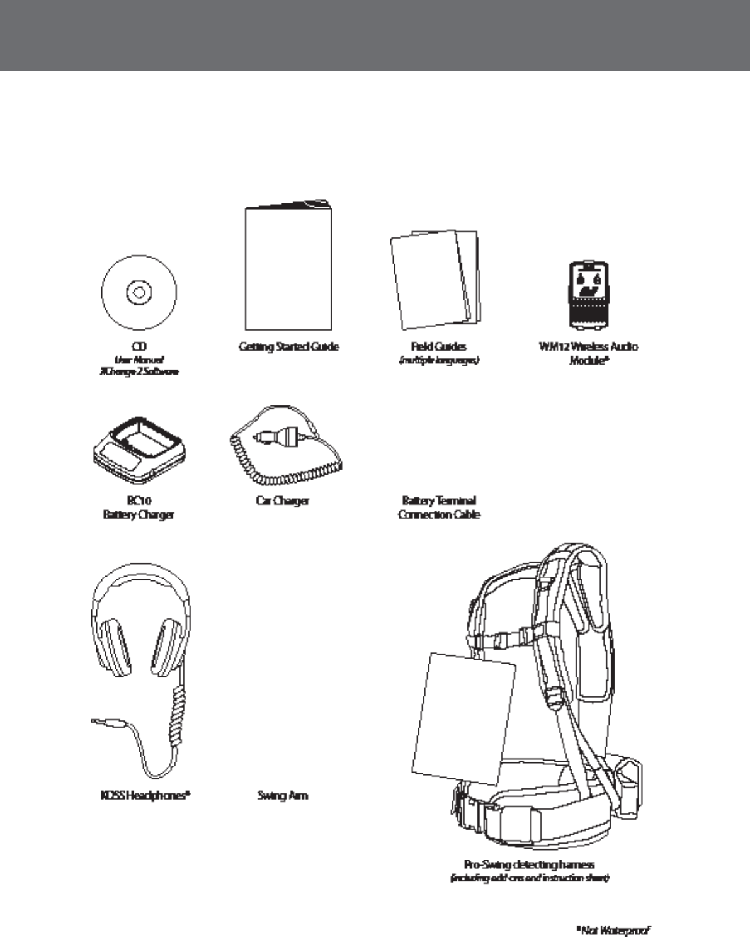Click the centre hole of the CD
[x=139, y=292]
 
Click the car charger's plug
[x=280, y=436]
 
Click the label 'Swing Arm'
[x=282, y=795]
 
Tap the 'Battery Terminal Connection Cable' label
[x=439, y=507]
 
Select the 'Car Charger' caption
[x=282, y=501]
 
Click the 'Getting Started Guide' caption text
[x=288, y=346]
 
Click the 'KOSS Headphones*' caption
[x=144, y=795]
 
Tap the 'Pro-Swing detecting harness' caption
[x=529, y=864]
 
